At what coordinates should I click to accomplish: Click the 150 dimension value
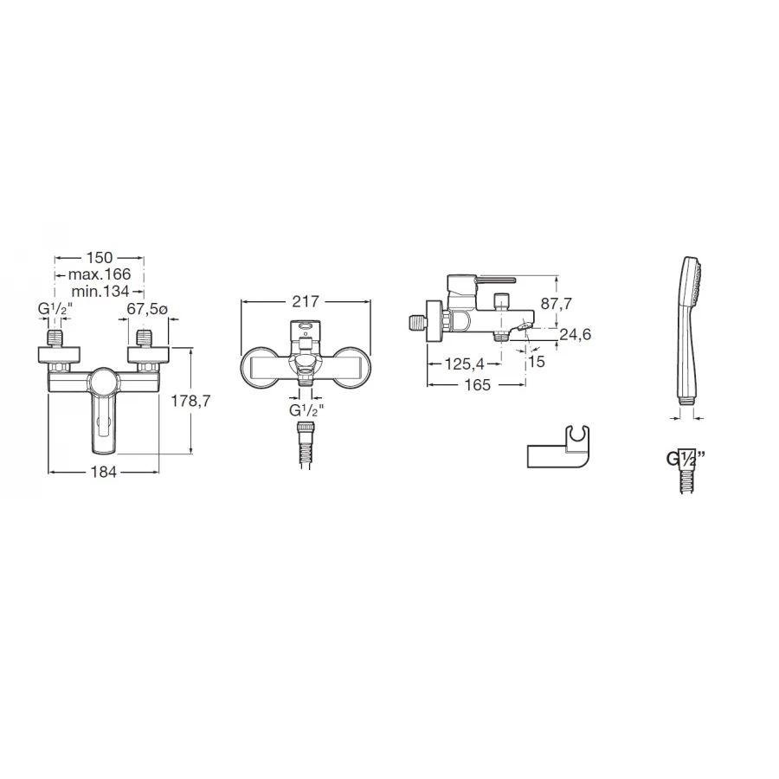click(100, 258)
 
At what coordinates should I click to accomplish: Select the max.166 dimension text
click(100, 274)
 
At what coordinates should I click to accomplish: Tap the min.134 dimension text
click(100, 291)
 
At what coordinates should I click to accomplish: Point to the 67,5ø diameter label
click(147, 309)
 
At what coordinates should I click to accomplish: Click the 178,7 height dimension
click(190, 401)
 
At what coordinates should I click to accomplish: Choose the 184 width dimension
click(104, 472)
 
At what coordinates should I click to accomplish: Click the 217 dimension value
click(306, 301)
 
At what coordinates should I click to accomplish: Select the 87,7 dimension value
click(557, 303)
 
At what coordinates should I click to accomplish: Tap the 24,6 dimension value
click(576, 334)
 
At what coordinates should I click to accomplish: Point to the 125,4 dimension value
click(465, 364)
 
